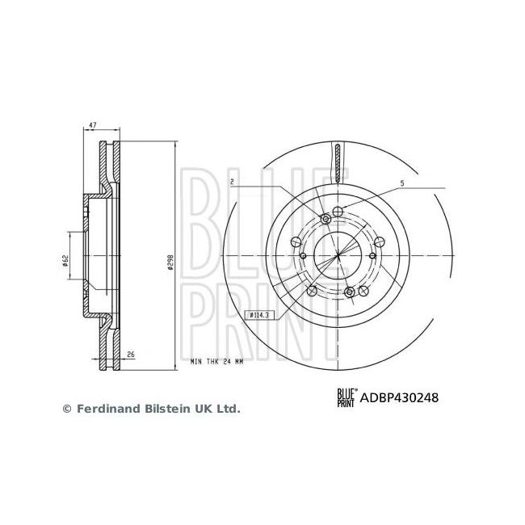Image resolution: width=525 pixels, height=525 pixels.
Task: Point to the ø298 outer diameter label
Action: click(x=170, y=263)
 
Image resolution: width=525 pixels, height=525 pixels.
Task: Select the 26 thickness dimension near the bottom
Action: click(x=129, y=354)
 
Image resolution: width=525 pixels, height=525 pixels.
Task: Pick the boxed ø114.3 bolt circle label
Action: click(x=261, y=315)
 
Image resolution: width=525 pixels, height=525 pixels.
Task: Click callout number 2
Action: click(x=232, y=182)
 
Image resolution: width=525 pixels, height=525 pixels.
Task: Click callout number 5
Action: click(x=401, y=185)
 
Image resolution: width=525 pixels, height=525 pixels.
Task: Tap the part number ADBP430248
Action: click(x=399, y=397)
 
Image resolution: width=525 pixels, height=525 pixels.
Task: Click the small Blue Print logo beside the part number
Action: click(x=346, y=397)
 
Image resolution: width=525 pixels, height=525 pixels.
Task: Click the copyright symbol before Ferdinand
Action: click(x=67, y=409)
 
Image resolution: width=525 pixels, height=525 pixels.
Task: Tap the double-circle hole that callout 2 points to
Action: click(x=325, y=219)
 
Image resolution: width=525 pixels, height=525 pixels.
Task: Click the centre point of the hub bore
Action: click(x=337, y=255)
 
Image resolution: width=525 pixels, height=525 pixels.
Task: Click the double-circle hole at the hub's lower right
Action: click(x=350, y=292)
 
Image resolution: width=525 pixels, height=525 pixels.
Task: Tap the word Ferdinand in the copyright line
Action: click(x=103, y=409)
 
